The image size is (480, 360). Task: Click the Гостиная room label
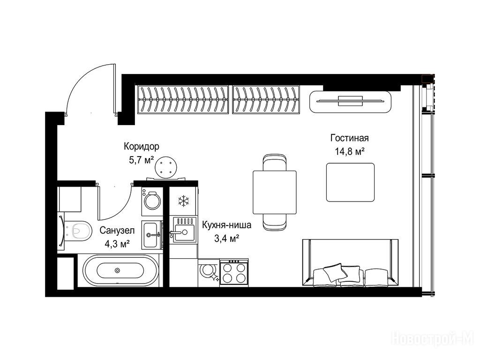click(x=349, y=138)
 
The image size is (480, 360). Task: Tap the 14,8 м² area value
click(x=350, y=151)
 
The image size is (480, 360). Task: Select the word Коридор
click(x=142, y=147)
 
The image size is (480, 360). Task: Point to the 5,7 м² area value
click(x=141, y=160)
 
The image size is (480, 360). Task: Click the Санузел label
click(x=117, y=230)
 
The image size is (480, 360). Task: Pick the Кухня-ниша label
click(x=226, y=225)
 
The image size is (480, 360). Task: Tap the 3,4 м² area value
click(x=226, y=239)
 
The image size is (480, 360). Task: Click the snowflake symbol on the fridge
click(x=184, y=201)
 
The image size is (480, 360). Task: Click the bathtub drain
click(x=117, y=270)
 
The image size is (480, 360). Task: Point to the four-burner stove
click(x=234, y=272)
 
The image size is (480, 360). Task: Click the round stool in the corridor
click(x=166, y=167)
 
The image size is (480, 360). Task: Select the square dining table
click(x=275, y=192)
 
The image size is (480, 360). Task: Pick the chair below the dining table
click(x=275, y=222)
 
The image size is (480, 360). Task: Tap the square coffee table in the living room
click(x=351, y=182)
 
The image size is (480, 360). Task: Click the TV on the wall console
click(x=351, y=101)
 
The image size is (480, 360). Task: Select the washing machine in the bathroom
click(x=152, y=201)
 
